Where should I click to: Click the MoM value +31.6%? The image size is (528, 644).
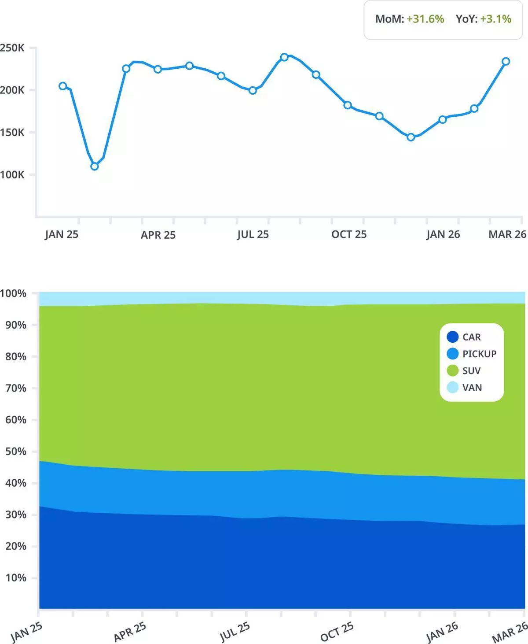[x=425, y=19]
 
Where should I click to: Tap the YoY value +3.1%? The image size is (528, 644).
[x=495, y=19]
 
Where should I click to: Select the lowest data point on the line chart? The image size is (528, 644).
[x=94, y=166]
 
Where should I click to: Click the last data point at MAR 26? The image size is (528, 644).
[x=506, y=61]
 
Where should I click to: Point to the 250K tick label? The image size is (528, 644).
[x=12, y=48]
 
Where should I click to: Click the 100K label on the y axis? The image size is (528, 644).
[x=12, y=174]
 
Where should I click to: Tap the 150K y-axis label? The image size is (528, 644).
[x=12, y=132]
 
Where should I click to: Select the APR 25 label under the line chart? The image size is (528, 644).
[x=158, y=235]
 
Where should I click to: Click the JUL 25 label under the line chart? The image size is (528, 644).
[x=253, y=234]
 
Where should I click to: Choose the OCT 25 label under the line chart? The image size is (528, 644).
[x=348, y=234]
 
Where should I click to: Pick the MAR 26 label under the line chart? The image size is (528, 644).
[x=507, y=234]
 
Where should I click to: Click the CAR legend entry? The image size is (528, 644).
[x=471, y=337]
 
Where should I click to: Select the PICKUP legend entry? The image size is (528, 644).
[x=479, y=354]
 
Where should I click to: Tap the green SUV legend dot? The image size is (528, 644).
[x=452, y=370]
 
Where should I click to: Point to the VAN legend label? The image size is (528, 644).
[x=472, y=388]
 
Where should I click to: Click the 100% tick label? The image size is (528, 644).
[x=13, y=293]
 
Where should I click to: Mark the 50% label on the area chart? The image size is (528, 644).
[x=16, y=452]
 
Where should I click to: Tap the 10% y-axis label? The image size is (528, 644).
[x=16, y=578]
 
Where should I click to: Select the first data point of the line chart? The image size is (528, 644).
[x=63, y=86]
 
